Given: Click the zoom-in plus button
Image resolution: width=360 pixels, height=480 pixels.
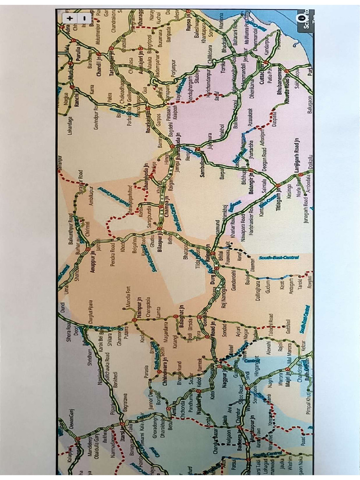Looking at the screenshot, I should click(70, 18).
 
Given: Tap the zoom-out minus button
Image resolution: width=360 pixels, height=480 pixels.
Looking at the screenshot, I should click(84, 18).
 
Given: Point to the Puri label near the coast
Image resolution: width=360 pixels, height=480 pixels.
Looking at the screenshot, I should click(309, 70).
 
